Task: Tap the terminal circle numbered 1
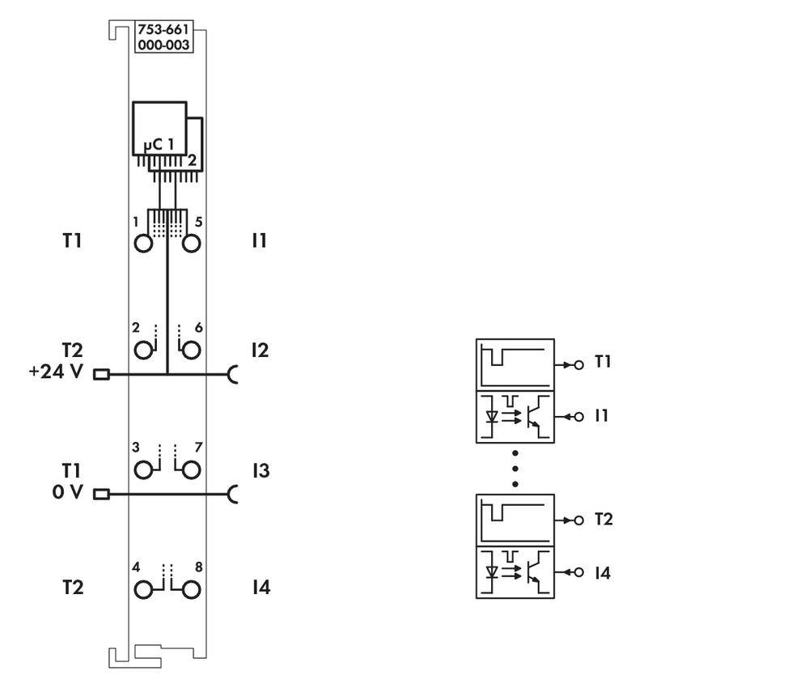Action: pos(143,243)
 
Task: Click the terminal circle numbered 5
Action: pos(191,243)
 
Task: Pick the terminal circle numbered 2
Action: pos(143,350)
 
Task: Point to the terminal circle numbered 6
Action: pos(191,350)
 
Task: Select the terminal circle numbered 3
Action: pos(143,469)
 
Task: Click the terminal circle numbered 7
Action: pos(191,469)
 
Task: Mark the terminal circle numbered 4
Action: pos(143,589)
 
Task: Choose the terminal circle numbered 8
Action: pos(191,589)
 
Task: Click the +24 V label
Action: pos(56,373)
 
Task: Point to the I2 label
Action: pos(259,350)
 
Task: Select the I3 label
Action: pos(259,470)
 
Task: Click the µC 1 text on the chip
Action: pos(159,144)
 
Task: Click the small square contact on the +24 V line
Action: pos(101,374)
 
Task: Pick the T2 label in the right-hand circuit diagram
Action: pos(603,519)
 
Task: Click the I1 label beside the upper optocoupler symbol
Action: pos(601,415)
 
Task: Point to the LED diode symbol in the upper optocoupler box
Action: pos(491,418)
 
